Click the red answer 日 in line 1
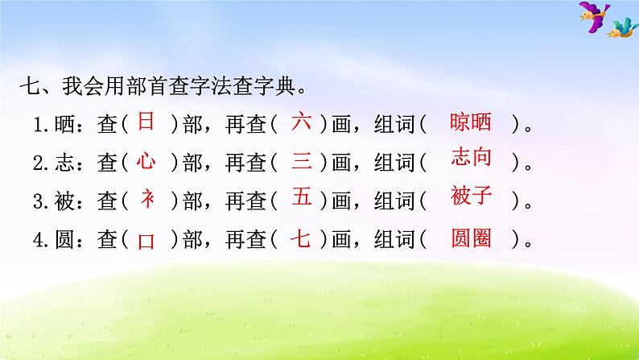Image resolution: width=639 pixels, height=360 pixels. pyautogui.click(x=146, y=121)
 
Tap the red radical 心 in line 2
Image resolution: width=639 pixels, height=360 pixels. pyautogui.click(x=146, y=160)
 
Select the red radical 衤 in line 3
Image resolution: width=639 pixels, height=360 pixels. pyautogui.click(x=147, y=199)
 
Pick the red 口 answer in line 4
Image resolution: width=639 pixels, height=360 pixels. pyautogui.click(x=146, y=242)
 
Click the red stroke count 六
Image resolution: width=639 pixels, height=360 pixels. pyautogui.click(x=301, y=121)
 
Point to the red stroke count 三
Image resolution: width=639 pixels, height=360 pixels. pyautogui.click(x=302, y=160)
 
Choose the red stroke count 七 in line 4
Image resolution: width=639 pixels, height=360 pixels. pyautogui.click(x=300, y=238)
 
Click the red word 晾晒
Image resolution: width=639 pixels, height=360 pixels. pyautogui.click(x=470, y=122)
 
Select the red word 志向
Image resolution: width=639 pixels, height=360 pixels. pyautogui.click(x=471, y=156)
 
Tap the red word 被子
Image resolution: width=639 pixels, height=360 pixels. pyautogui.click(x=471, y=195)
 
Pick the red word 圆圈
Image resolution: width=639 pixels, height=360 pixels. pyautogui.click(x=471, y=238)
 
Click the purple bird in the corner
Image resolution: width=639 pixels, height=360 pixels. pyautogui.click(x=594, y=16)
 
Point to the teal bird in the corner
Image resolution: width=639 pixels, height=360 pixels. pyautogui.click(x=622, y=28)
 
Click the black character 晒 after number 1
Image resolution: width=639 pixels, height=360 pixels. pyautogui.click(x=64, y=124)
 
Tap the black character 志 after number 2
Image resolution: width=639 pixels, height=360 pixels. pyautogui.click(x=64, y=163)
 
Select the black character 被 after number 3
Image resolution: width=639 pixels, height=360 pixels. pyautogui.click(x=64, y=201)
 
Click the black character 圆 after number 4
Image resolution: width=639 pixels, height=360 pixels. pyautogui.click(x=64, y=239)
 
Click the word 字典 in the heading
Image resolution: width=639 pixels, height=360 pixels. pyautogui.click(x=275, y=86)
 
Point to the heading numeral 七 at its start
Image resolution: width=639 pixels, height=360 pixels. pyautogui.click(x=30, y=86)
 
